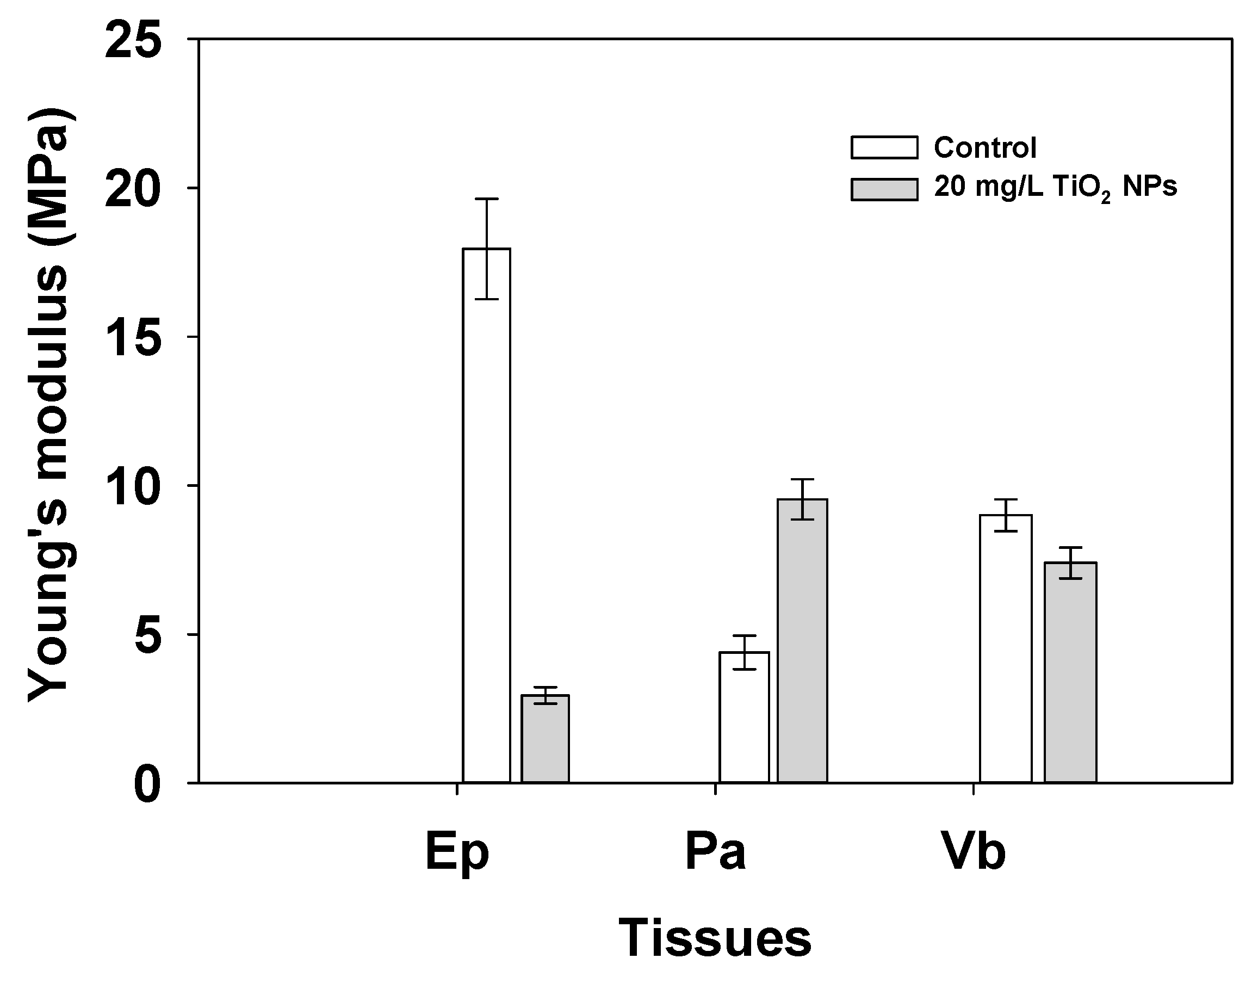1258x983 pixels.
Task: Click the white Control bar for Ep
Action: point(486,518)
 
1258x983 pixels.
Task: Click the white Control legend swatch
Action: point(884,147)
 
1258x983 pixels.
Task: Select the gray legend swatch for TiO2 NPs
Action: point(884,189)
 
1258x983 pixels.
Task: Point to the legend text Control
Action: point(985,148)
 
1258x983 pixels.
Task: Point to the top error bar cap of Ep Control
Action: point(486,199)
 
